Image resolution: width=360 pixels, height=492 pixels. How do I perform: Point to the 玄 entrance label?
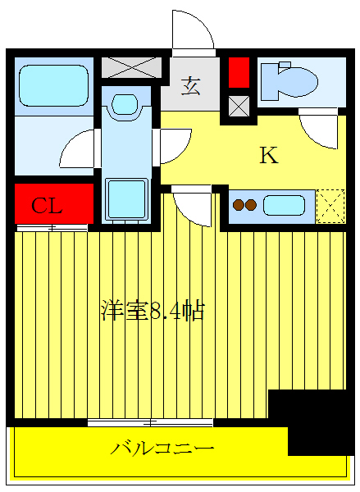coord(190,85)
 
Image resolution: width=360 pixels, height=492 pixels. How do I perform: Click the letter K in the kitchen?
coord(268,156)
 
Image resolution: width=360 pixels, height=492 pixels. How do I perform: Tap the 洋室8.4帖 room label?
coord(152,312)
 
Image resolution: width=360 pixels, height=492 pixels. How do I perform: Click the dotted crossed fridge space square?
coord(330,206)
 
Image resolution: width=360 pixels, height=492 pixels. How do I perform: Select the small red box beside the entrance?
coord(238,73)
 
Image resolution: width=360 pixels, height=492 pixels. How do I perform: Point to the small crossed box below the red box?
coord(238,105)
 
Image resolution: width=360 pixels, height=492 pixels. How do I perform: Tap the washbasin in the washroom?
coord(125,104)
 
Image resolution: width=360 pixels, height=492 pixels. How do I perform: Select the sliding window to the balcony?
coord(150,422)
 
